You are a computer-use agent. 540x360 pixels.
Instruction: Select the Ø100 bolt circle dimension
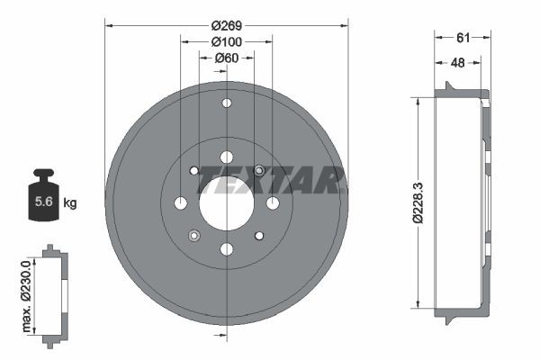[x=226, y=41]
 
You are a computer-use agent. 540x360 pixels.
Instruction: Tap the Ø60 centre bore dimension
[x=226, y=58]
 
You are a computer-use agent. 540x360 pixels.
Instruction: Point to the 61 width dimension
[x=463, y=37]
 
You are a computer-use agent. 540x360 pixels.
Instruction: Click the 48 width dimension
[x=457, y=62]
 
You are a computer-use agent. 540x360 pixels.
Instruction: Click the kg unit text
[x=70, y=203]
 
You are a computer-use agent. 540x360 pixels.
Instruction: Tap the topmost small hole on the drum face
[x=226, y=103]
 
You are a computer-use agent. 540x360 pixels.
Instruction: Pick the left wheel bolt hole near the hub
[x=180, y=202]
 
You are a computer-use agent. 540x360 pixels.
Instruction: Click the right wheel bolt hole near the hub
[x=272, y=202]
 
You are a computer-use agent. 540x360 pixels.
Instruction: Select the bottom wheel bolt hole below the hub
[x=226, y=248]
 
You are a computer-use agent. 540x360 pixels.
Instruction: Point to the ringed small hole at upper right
[x=259, y=170]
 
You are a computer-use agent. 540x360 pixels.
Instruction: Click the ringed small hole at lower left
[x=193, y=236]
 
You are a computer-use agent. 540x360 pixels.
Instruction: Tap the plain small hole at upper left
[x=193, y=170]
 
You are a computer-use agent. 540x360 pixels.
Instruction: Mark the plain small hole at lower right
[x=259, y=236]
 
